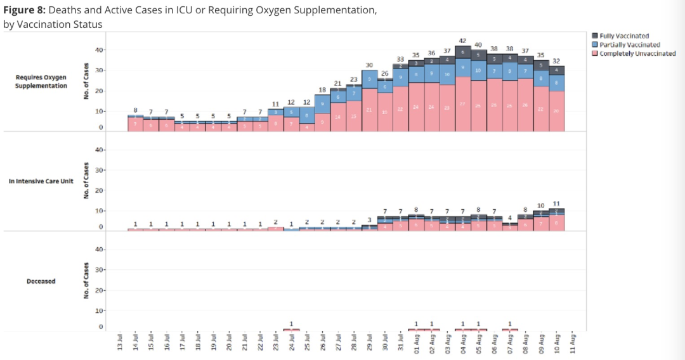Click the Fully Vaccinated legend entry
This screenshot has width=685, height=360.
[624, 36]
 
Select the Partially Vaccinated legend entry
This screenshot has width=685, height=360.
[629, 44]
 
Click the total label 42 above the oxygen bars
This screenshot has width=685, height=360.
[463, 41]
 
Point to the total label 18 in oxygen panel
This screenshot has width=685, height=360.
[322, 90]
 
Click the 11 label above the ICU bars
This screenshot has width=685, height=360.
[557, 203]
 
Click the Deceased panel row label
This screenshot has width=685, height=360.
[41, 281]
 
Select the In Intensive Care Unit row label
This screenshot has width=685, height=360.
[41, 181]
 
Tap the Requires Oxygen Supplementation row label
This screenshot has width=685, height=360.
[41, 81]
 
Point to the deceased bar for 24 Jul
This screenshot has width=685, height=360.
[291, 330]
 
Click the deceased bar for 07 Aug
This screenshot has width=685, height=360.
[510, 330]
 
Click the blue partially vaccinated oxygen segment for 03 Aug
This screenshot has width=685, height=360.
[448, 74]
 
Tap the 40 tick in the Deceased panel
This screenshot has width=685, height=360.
[99, 250]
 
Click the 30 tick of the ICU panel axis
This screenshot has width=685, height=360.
[99, 170]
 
